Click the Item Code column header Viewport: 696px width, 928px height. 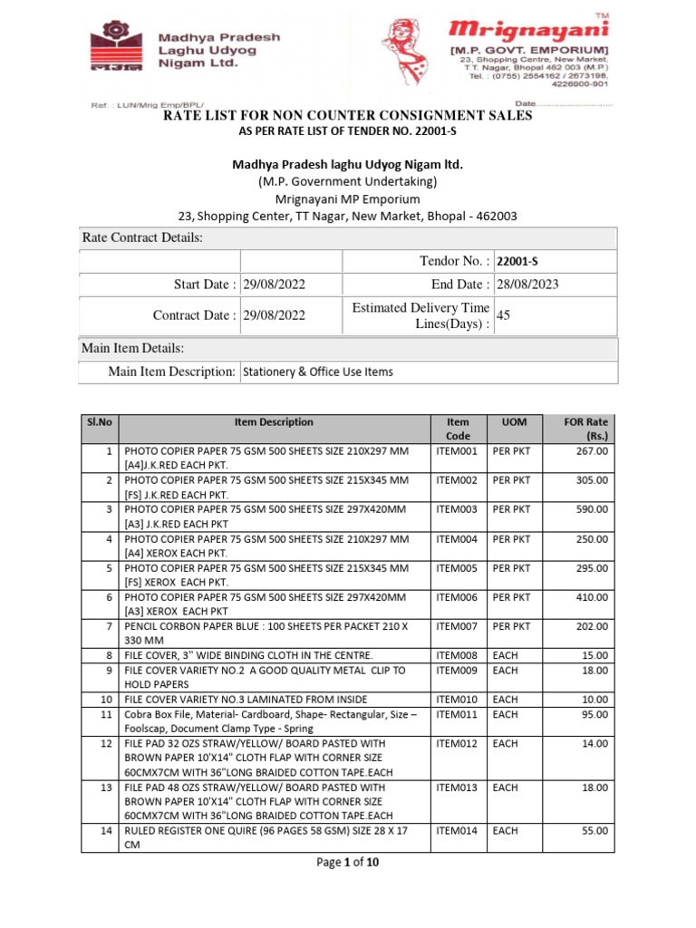458,429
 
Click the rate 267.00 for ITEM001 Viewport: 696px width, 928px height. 593,450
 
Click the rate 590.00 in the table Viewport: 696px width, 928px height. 593,510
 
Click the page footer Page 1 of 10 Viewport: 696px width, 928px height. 347,863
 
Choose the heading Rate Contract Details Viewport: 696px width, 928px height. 143,237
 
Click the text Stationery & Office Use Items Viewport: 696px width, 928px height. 318,372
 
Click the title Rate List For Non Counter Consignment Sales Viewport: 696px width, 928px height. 347,116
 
